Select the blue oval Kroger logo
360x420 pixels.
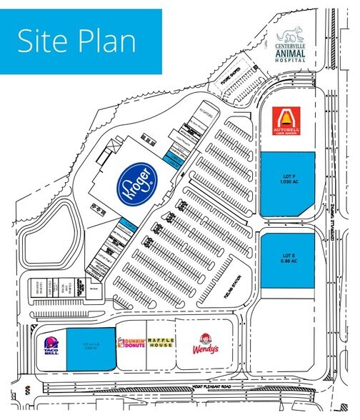(x=136, y=182)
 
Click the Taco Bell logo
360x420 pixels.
(x=49, y=347)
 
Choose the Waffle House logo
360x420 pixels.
(x=160, y=344)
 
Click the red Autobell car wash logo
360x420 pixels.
(x=286, y=121)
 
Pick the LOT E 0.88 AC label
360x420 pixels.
(x=286, y=259)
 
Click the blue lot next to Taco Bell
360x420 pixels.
(x=91, y=349)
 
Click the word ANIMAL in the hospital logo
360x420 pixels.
(x=291, y=53)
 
